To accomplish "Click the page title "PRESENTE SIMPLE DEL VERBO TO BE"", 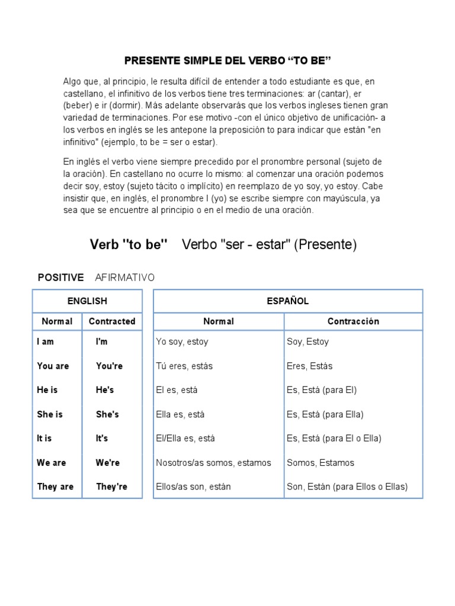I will (x=227, y=61).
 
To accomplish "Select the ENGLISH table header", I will (x=87, y=301).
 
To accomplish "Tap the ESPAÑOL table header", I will (x=288, y=301).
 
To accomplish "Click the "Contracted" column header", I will (x=112, y=321).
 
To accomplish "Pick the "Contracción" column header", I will (x=353, y=321).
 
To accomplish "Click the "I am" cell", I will (x=45, y=342).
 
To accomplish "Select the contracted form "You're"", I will (x=109, y=366).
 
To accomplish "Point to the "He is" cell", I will (x=47, y=391).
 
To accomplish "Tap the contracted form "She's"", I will (x=107, y=415).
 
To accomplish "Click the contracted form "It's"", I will (x=102, y=439).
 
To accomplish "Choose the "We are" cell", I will (x=52, y=463).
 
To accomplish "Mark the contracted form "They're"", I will (x=111, y=487).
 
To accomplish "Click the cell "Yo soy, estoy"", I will (x=182, y=342).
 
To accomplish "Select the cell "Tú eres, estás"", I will (x=184, y=366).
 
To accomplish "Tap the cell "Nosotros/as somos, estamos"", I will (x=213, y=463).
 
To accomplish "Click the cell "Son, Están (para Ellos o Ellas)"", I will (x=347, y=487).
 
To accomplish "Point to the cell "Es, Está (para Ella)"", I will (x=325, y=415).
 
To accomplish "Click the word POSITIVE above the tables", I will (x=60, y=278).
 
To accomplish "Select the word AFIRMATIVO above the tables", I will (x=124, y=278).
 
